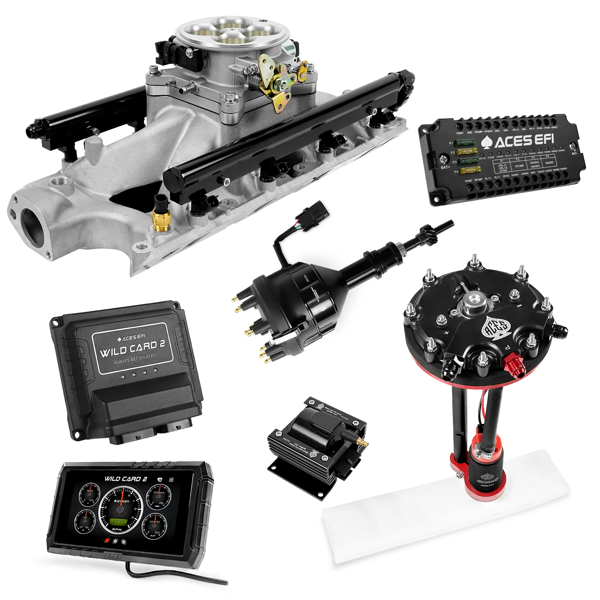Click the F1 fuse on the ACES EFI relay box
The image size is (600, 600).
(465, 142)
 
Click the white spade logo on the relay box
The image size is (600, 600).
(489, 143)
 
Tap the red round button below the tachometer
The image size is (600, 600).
(108, 541)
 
